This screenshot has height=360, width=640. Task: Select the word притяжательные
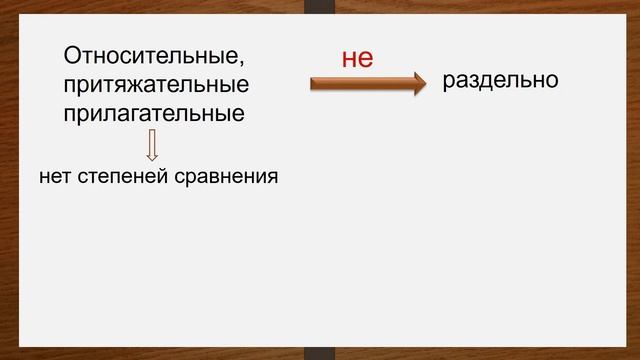tap(155, 84)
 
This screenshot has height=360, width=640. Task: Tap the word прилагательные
tap(154, 112)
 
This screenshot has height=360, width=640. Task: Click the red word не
tap(357, 58)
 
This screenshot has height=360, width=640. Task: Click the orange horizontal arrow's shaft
tap(360, 84)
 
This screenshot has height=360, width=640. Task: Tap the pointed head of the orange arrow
tap(419, 84)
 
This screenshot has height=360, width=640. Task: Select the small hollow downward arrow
tap(153, 144)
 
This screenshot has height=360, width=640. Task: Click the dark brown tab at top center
tap(320, 7)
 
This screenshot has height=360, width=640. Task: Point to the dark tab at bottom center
tap(320, 353)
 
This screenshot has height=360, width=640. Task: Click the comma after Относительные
tap(240, 62)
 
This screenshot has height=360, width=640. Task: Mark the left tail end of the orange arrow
tap(313, 84)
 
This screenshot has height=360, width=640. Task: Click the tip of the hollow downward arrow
tap(153, 159)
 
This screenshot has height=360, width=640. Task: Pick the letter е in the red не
tap(366, 59)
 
